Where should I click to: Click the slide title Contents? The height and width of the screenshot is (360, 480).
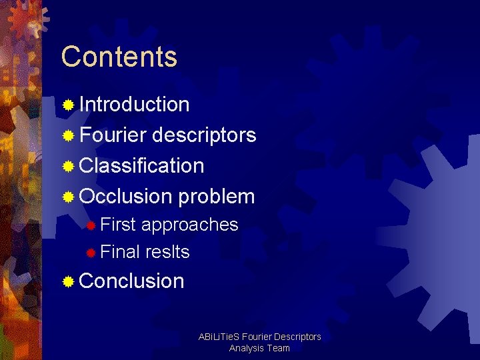(x=119, y=57)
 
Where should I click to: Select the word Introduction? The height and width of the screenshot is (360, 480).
(x=134, y=105)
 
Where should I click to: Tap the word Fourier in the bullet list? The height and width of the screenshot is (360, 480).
(x=113, y=135)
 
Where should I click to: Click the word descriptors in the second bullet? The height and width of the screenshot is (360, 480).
(x=204, y=135)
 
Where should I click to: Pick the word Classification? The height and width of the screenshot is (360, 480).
(x=141, y=165)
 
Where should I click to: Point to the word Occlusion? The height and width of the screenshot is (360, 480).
(x=125, y=197)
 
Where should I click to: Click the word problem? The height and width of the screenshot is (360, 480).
(x=217, y=197)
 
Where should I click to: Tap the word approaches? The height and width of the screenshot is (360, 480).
(x=189, y=225)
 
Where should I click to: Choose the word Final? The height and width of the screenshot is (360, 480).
(x=119, y=252)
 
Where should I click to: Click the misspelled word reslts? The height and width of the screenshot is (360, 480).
(x=167, y=252)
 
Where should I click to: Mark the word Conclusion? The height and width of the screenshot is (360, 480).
(x=131, y=281)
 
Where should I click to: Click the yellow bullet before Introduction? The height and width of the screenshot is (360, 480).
(x=68, y=105)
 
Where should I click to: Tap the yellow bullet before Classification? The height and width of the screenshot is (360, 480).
(x=68, y=166)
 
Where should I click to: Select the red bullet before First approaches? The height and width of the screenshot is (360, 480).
(x=91, y=225)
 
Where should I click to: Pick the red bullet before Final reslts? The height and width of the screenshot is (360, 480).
(x=91, y=253)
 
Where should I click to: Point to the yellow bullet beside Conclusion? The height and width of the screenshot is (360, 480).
(x=68, y=282)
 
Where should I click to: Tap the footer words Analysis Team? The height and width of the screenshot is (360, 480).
(x=259, y=348)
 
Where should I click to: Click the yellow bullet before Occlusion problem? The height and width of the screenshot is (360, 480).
(x=68, y=197)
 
